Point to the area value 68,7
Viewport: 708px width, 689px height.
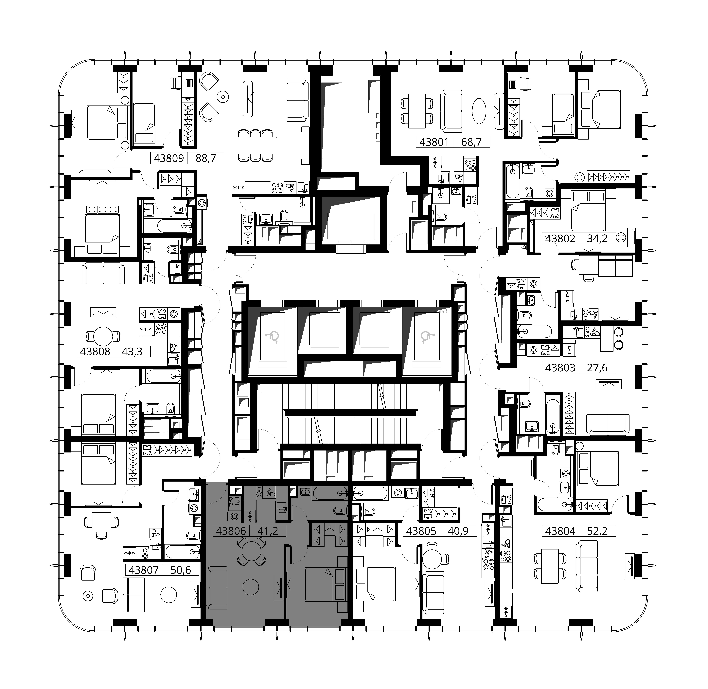471,142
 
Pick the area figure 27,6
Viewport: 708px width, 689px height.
597,368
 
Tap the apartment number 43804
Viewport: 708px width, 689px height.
560,531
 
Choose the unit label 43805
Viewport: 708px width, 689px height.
421,531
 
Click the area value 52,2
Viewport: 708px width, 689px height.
597,531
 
